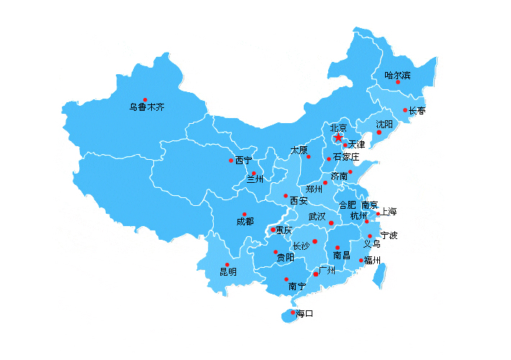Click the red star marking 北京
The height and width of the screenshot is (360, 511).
coord(338,137)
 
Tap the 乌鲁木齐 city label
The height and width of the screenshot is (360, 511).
coord(147,107)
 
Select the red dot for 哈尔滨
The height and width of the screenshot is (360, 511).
coord(398,82)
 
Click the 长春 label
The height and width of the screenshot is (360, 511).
coord(417,111)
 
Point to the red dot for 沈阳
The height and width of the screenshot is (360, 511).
coord(379,132)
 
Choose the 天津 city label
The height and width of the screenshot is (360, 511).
coord(356,145)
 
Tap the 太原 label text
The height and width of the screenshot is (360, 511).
coord(299,150)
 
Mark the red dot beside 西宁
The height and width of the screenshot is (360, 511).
coord(231,161)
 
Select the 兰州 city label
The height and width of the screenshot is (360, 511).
coord(255,179)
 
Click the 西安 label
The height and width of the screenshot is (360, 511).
coord(299,200)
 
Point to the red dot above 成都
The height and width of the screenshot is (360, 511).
coord(245,215)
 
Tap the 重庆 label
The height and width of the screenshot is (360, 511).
coord(284,230)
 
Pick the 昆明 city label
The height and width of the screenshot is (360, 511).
coord(227,272)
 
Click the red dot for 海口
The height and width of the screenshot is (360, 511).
coord(293,312)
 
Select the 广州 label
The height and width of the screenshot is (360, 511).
coord(327,270)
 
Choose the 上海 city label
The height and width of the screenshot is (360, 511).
coord(388,212)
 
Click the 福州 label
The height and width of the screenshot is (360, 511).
coord(372,260)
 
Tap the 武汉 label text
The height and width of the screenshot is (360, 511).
coord(317,216)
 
